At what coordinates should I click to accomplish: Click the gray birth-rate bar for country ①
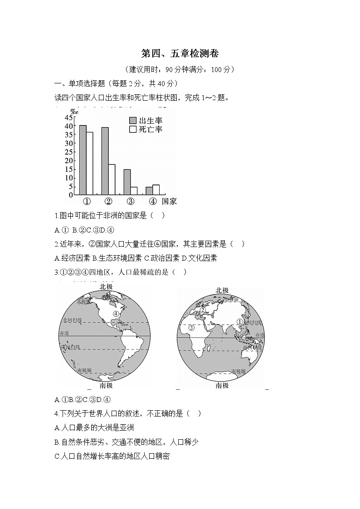click(83, 160)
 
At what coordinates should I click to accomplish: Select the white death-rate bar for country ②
click(112, 179)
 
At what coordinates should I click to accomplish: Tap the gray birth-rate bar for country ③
click(127, 182)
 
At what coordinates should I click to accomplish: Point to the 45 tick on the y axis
click(69, 117)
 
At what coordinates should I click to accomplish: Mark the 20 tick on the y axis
click(69, 160)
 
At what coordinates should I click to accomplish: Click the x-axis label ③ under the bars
click(130, 202)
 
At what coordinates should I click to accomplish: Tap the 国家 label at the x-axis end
click(169, 202)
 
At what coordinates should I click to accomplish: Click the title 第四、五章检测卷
click(180, 54)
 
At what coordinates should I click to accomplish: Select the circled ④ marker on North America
click(116, 314)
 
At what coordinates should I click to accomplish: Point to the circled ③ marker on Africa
click(191, 328)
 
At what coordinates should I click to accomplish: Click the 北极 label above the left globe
click(106, 287)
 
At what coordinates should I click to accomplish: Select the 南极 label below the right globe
click(222, 386)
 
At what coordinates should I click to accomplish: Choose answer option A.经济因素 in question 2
click(72, 258)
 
